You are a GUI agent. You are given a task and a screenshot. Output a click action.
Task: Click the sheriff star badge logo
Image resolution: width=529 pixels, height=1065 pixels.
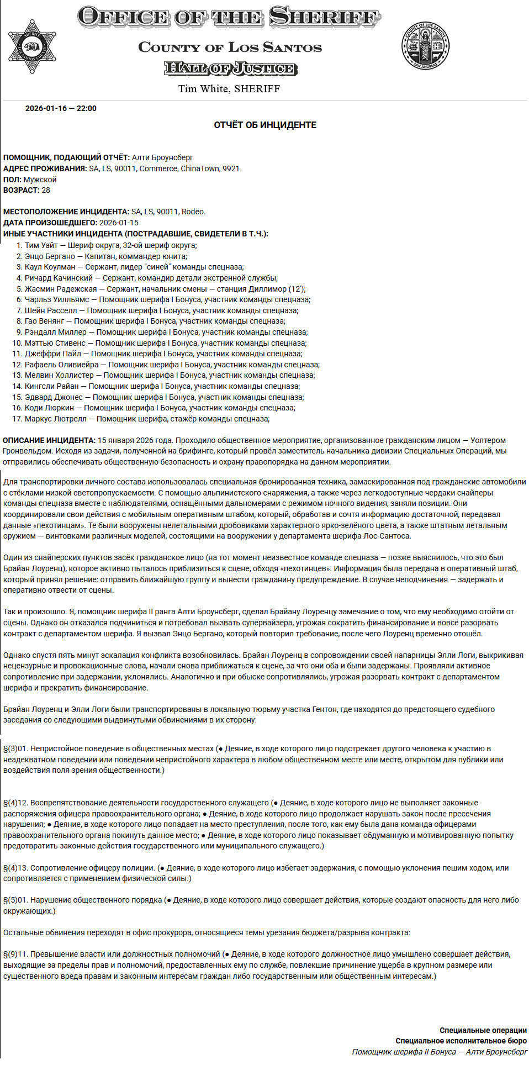pos(32,47)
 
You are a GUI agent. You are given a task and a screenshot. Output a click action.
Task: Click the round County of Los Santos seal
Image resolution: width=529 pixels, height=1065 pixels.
pos(425,46)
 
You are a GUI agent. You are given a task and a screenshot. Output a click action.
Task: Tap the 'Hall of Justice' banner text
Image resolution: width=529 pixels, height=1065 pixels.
pos(230,68)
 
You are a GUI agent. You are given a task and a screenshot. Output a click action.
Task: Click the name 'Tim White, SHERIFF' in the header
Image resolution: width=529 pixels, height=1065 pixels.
pos(229,89)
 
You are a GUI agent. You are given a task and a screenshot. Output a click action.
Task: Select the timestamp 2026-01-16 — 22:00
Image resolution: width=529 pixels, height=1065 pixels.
pos(61,108)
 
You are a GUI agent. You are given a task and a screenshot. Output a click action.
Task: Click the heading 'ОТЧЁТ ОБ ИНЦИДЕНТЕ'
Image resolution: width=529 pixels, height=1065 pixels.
pos(265,125)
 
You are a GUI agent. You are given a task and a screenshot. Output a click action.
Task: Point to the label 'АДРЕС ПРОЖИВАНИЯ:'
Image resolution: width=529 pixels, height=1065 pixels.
pos(45,168)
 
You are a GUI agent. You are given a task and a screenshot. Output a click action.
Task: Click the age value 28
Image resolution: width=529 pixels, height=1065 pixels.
pos(46,190)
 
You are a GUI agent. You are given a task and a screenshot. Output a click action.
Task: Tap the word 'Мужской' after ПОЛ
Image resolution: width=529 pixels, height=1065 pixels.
pos(40,180)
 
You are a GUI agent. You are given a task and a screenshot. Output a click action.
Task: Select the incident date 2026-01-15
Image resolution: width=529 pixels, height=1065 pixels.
pos(119,223)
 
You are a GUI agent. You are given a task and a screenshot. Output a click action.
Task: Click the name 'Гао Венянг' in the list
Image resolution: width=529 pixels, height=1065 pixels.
pos(45,321)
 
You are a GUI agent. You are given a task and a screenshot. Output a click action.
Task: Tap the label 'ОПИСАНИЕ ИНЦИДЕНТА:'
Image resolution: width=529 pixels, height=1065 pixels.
pos(49,440)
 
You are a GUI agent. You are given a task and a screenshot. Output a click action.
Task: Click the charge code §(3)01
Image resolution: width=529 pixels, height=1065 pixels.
pos(15,748)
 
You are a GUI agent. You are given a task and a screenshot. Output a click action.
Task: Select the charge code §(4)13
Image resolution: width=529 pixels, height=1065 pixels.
pos(15,868)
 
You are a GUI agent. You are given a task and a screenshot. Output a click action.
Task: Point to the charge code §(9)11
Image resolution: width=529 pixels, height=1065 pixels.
pos(15,954)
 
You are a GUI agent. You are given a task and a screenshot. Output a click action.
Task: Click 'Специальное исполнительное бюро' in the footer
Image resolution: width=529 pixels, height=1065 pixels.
pos(461,1041)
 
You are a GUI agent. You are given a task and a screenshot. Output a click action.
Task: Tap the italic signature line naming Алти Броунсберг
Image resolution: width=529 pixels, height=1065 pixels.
pos(440,1052)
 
